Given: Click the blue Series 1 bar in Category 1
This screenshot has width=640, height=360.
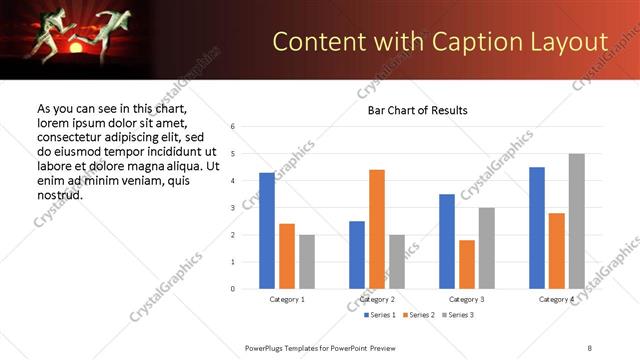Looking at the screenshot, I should (267, 231).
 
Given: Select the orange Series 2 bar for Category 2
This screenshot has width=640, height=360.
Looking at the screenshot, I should (377, 229).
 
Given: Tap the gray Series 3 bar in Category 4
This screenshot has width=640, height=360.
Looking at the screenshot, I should (576, 221).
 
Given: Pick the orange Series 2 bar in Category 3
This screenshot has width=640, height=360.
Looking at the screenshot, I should (467, 264).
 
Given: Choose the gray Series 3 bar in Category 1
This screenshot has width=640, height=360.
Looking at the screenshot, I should (306, 262).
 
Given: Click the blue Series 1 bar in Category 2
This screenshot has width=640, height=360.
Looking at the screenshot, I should (357, 255).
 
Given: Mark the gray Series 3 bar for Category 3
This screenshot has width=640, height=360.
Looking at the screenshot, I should (486, 248).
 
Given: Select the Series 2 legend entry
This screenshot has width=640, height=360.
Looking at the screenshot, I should (418, 315).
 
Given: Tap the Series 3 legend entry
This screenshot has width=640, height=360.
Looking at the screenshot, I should (457, 315).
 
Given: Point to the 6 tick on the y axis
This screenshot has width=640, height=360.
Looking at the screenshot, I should (232, 127).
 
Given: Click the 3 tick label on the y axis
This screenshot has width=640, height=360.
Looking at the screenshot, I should (232, 208).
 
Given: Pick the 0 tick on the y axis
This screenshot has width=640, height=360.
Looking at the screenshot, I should (232, 289).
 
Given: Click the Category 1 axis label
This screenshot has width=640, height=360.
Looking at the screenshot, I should (288, 299).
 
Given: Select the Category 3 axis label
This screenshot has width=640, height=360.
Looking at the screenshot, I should (467, 299).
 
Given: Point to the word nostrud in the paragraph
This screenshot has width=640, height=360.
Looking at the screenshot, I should (59, 194).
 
